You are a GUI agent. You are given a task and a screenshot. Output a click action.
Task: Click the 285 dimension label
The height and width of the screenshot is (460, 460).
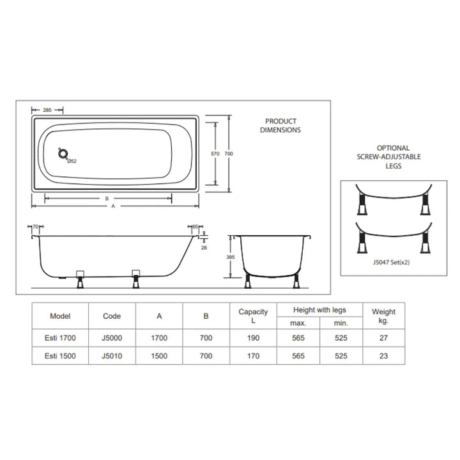click(x=47, y=110)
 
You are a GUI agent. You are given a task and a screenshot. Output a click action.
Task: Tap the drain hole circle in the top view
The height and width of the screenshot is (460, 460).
click(x=63, y=153)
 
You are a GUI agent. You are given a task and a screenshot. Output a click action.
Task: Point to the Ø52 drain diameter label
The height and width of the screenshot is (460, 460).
click(x=72, y=161)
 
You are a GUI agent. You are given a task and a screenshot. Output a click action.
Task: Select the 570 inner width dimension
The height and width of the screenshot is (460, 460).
click(x=215, y=154)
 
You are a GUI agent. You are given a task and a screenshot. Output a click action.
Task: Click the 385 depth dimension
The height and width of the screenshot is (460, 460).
click(x=231, y=257)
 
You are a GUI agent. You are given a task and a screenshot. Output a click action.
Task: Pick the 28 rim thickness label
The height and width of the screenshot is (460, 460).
click(x=204, y=248)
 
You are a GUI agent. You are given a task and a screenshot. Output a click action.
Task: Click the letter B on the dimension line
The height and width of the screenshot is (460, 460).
click(x=107, y=199)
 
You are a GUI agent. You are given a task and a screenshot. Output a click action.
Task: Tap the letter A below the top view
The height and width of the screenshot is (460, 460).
click(x=113, y=206)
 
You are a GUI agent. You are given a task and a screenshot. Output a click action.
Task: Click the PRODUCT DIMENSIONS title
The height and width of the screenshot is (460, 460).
click(x=280, y=126)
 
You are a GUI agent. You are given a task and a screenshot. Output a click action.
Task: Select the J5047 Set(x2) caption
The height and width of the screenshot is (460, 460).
click(x=392, y=263)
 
